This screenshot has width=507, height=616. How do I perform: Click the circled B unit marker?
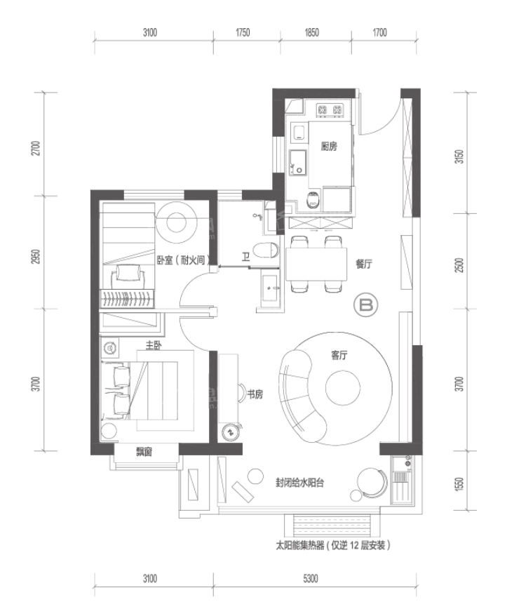(x=365, y=305)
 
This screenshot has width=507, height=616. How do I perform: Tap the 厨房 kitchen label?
(x=329, y=147)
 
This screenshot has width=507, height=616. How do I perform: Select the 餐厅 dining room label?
(x=364, y=264)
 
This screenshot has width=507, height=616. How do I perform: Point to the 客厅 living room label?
(x=339, y=355)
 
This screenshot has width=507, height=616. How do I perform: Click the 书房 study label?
(x=255, y=394)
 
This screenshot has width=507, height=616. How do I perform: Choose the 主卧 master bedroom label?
(x=154, y=345)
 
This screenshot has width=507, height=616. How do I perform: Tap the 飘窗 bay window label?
(x=144, y=453)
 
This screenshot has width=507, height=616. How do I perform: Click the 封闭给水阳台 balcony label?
(x=299, y=483)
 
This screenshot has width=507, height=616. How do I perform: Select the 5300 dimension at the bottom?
(x=311, y=579)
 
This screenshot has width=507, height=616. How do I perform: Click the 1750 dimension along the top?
(x=243, y=32)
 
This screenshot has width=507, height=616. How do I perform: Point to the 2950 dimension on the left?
(x=36, y=256)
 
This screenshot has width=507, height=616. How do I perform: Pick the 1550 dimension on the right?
(x=459, y=483)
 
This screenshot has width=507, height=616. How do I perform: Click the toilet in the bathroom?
(x=266, y=250)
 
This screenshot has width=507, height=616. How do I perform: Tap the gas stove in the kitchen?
(x=330, y=109)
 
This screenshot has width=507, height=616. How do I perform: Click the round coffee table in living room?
(x=342, y=389)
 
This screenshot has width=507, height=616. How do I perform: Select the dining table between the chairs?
(x=316, y=264)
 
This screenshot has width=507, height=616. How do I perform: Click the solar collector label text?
(x=333, y=546)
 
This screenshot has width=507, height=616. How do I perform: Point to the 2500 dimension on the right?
(x=459, y=265)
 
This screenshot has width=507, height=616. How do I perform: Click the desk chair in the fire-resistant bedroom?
(x=127, y=276)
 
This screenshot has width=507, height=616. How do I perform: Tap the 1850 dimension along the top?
(x=312, y=32)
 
